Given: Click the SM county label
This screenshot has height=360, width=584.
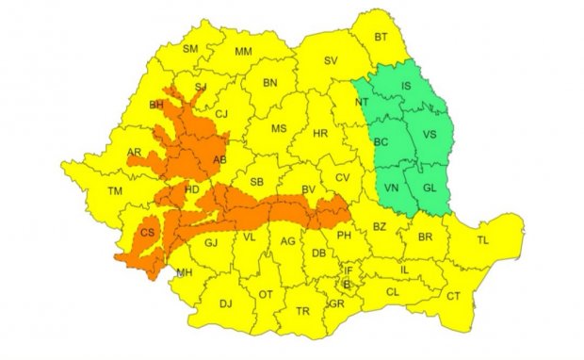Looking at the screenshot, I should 189,48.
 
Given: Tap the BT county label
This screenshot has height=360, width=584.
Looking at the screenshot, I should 381,38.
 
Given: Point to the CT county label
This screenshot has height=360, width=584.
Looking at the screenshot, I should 453,296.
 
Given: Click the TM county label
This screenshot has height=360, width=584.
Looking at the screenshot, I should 116,191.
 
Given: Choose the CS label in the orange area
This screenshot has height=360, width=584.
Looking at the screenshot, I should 147,232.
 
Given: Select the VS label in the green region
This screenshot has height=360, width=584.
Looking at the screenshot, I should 430,136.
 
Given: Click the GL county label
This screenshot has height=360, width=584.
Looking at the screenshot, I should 430,188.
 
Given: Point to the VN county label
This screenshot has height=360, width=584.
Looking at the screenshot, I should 392,188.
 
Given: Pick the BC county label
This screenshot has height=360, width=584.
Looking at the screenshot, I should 381,142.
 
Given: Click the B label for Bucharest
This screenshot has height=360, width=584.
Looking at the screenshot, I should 346,284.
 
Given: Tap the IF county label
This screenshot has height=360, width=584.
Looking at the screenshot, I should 348,270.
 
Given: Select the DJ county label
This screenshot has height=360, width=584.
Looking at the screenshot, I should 225,303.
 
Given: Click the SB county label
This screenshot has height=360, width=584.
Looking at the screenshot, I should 255,182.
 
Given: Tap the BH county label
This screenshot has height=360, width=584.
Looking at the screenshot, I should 156,106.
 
